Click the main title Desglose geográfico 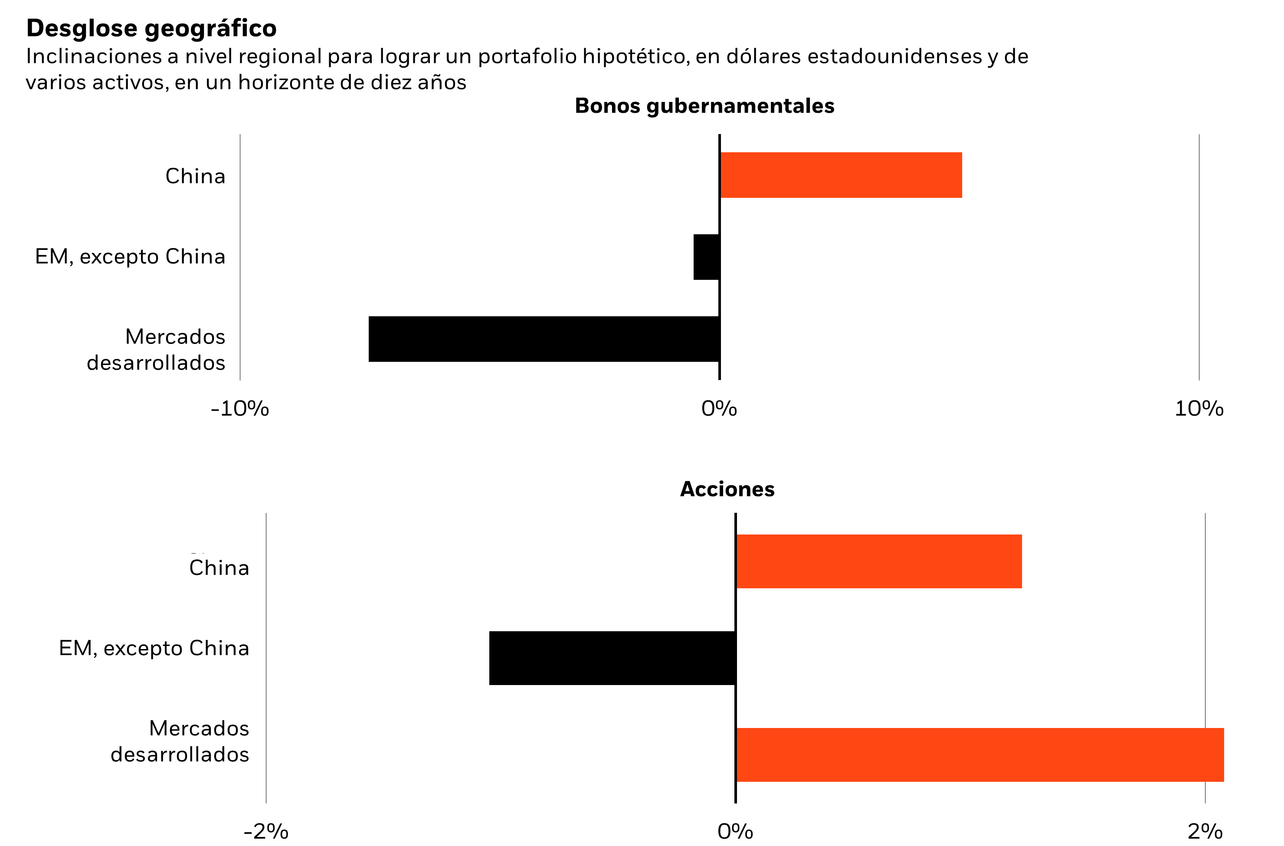point(151,28)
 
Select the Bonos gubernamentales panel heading point(704,106)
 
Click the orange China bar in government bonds point(841,175)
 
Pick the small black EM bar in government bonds point(706,257)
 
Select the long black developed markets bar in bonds point(544,339)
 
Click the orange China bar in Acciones point(878,561)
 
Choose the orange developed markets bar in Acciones point(979,755)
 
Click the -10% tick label point(239,409)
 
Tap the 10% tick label point(1199,409)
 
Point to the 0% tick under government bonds point(719,409)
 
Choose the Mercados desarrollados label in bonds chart point(157,350)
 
